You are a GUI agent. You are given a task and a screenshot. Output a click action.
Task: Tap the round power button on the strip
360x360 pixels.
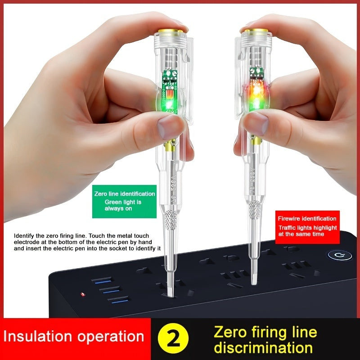pyautogui.click(x=340, y=255)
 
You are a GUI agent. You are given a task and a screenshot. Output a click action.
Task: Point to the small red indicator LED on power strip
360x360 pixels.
pyautogui.click(x=82, y=295)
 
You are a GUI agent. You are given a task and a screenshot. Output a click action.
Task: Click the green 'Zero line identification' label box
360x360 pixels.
pyautogui.click(x=124, y=201)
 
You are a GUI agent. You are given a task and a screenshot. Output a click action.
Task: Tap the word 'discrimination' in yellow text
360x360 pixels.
pyautogui.click(x=263, y=347)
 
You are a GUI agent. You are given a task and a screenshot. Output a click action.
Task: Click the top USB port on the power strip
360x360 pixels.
pyautogui.click(x=102, y=281)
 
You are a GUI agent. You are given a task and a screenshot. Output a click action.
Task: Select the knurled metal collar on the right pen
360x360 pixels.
pyautogui.click(x=254, y=209)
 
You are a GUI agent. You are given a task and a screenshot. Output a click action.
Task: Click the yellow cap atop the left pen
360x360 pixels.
pyautogui.click(x=171, y=33)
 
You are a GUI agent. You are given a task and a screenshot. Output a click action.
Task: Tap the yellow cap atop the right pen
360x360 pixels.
pyautogui.click(x=255, y=31)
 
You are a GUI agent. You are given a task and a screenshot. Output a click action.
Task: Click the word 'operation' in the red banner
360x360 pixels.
pyautogui.click(x=110, y=336)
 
